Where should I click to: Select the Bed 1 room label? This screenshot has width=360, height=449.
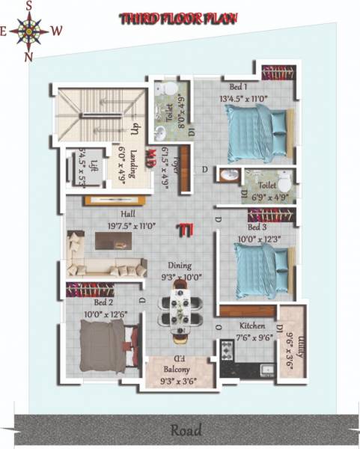pos(230,88)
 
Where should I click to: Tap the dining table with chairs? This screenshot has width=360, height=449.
pos(179,308)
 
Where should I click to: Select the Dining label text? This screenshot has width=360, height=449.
pos(180,265)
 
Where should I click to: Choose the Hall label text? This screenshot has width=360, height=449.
pos(106,213)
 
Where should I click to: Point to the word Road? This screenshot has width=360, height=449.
pos(185,430)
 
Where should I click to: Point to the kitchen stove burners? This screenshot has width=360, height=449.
pos(228,351)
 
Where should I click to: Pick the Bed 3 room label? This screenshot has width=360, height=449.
pos(257,227)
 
